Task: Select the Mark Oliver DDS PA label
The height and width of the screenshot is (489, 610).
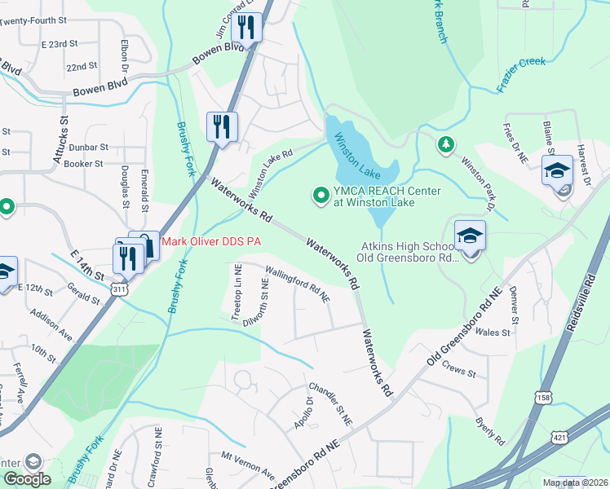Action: pyautogui.click(x=211, y=241)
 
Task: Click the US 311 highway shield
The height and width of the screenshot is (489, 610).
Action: pyautogui.click(x=121, y=289)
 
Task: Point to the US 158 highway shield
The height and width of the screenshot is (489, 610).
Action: pyautogui.click(x=542, y=397)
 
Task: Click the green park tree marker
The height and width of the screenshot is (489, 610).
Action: pyautogui.click(x=445, y=145)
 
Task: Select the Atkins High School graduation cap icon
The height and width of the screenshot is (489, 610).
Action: pyautogui.click(x=470, y=235)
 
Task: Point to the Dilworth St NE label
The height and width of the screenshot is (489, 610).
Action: pyautogui.click(x=263, y=300)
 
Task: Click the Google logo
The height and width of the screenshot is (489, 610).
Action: pyautogui.click(x=26, y=479)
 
